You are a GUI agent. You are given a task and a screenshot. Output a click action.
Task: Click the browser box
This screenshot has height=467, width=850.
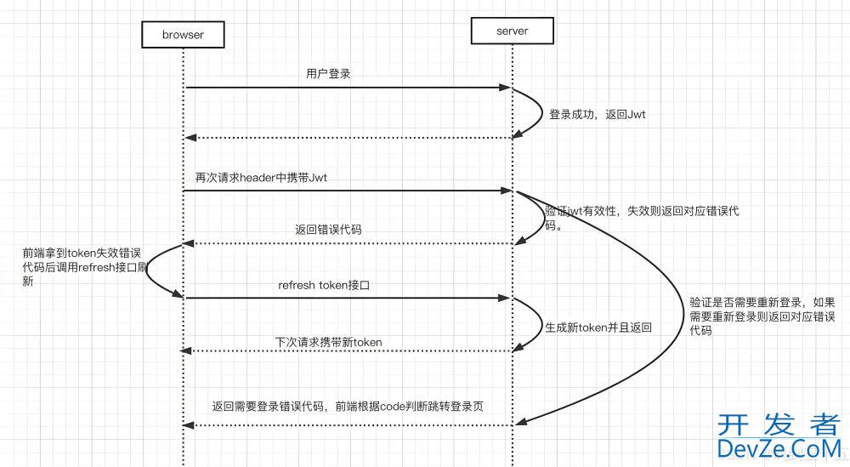183,35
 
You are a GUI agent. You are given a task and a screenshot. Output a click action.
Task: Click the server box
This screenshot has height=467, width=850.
512,31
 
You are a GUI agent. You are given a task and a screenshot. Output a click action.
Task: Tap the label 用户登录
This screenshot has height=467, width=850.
328,74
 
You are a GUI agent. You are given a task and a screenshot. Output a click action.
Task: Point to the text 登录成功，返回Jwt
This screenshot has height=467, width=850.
597,114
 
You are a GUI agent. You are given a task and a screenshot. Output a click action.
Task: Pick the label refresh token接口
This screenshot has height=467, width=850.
324,285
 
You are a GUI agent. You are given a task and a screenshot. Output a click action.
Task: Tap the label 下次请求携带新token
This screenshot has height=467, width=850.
328,341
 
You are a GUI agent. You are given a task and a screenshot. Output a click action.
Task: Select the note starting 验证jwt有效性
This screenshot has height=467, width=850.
642,218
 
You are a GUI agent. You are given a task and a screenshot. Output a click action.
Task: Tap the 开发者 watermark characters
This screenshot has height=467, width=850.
779,424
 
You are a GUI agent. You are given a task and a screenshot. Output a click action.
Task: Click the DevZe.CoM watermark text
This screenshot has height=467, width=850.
779,448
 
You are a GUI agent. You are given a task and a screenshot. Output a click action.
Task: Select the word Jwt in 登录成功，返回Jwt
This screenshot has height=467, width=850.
634,114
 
